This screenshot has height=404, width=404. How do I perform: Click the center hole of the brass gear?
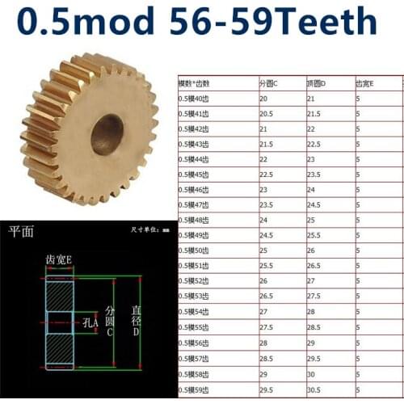pos(107,133)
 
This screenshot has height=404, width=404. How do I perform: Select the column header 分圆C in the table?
pos(268,83)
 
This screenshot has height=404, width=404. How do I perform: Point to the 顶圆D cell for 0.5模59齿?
pos(314,389)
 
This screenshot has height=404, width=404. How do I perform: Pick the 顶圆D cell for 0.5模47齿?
pos(314,205)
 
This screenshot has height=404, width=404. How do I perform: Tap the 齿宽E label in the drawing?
pos(57,259)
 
